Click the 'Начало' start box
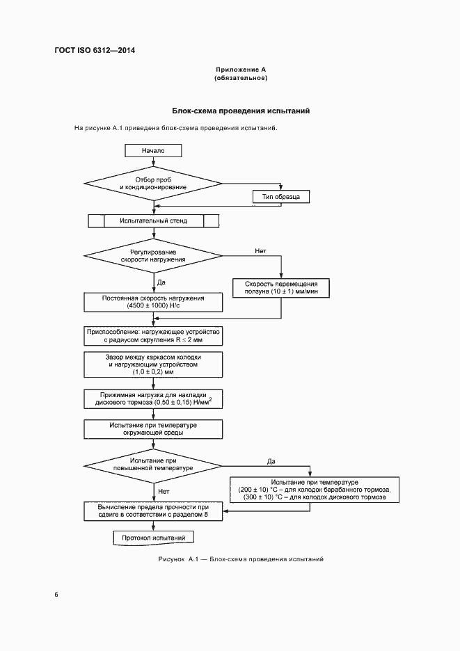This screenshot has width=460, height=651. [x=152, y=150]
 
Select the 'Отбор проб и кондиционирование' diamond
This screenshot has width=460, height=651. [x=152, y=183]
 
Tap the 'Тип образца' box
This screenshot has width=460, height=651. [x=280, y=198]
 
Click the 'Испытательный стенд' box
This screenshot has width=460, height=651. [x=153, y=221]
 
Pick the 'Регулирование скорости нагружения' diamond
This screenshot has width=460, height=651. [x=153, y=255]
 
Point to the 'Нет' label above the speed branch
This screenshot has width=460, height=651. [x=260, y=250]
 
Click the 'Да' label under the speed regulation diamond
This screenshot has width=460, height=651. [x=161, y=282]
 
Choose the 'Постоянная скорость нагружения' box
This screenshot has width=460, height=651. [x=153, y=302]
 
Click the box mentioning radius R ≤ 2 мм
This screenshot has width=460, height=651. [x=153, y=337]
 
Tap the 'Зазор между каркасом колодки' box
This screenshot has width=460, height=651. [x=153, y=364]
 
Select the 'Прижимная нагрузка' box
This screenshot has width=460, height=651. [x=153, y=399]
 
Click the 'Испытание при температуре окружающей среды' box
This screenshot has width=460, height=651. [x=153, y=428]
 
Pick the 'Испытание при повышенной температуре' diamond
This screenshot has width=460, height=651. [x=153, y=465]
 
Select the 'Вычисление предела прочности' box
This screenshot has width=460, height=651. [x=153, y=511]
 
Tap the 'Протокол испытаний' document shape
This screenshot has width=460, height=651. [x=153, y=538]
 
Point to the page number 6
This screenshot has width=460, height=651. [x=56, y=595]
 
